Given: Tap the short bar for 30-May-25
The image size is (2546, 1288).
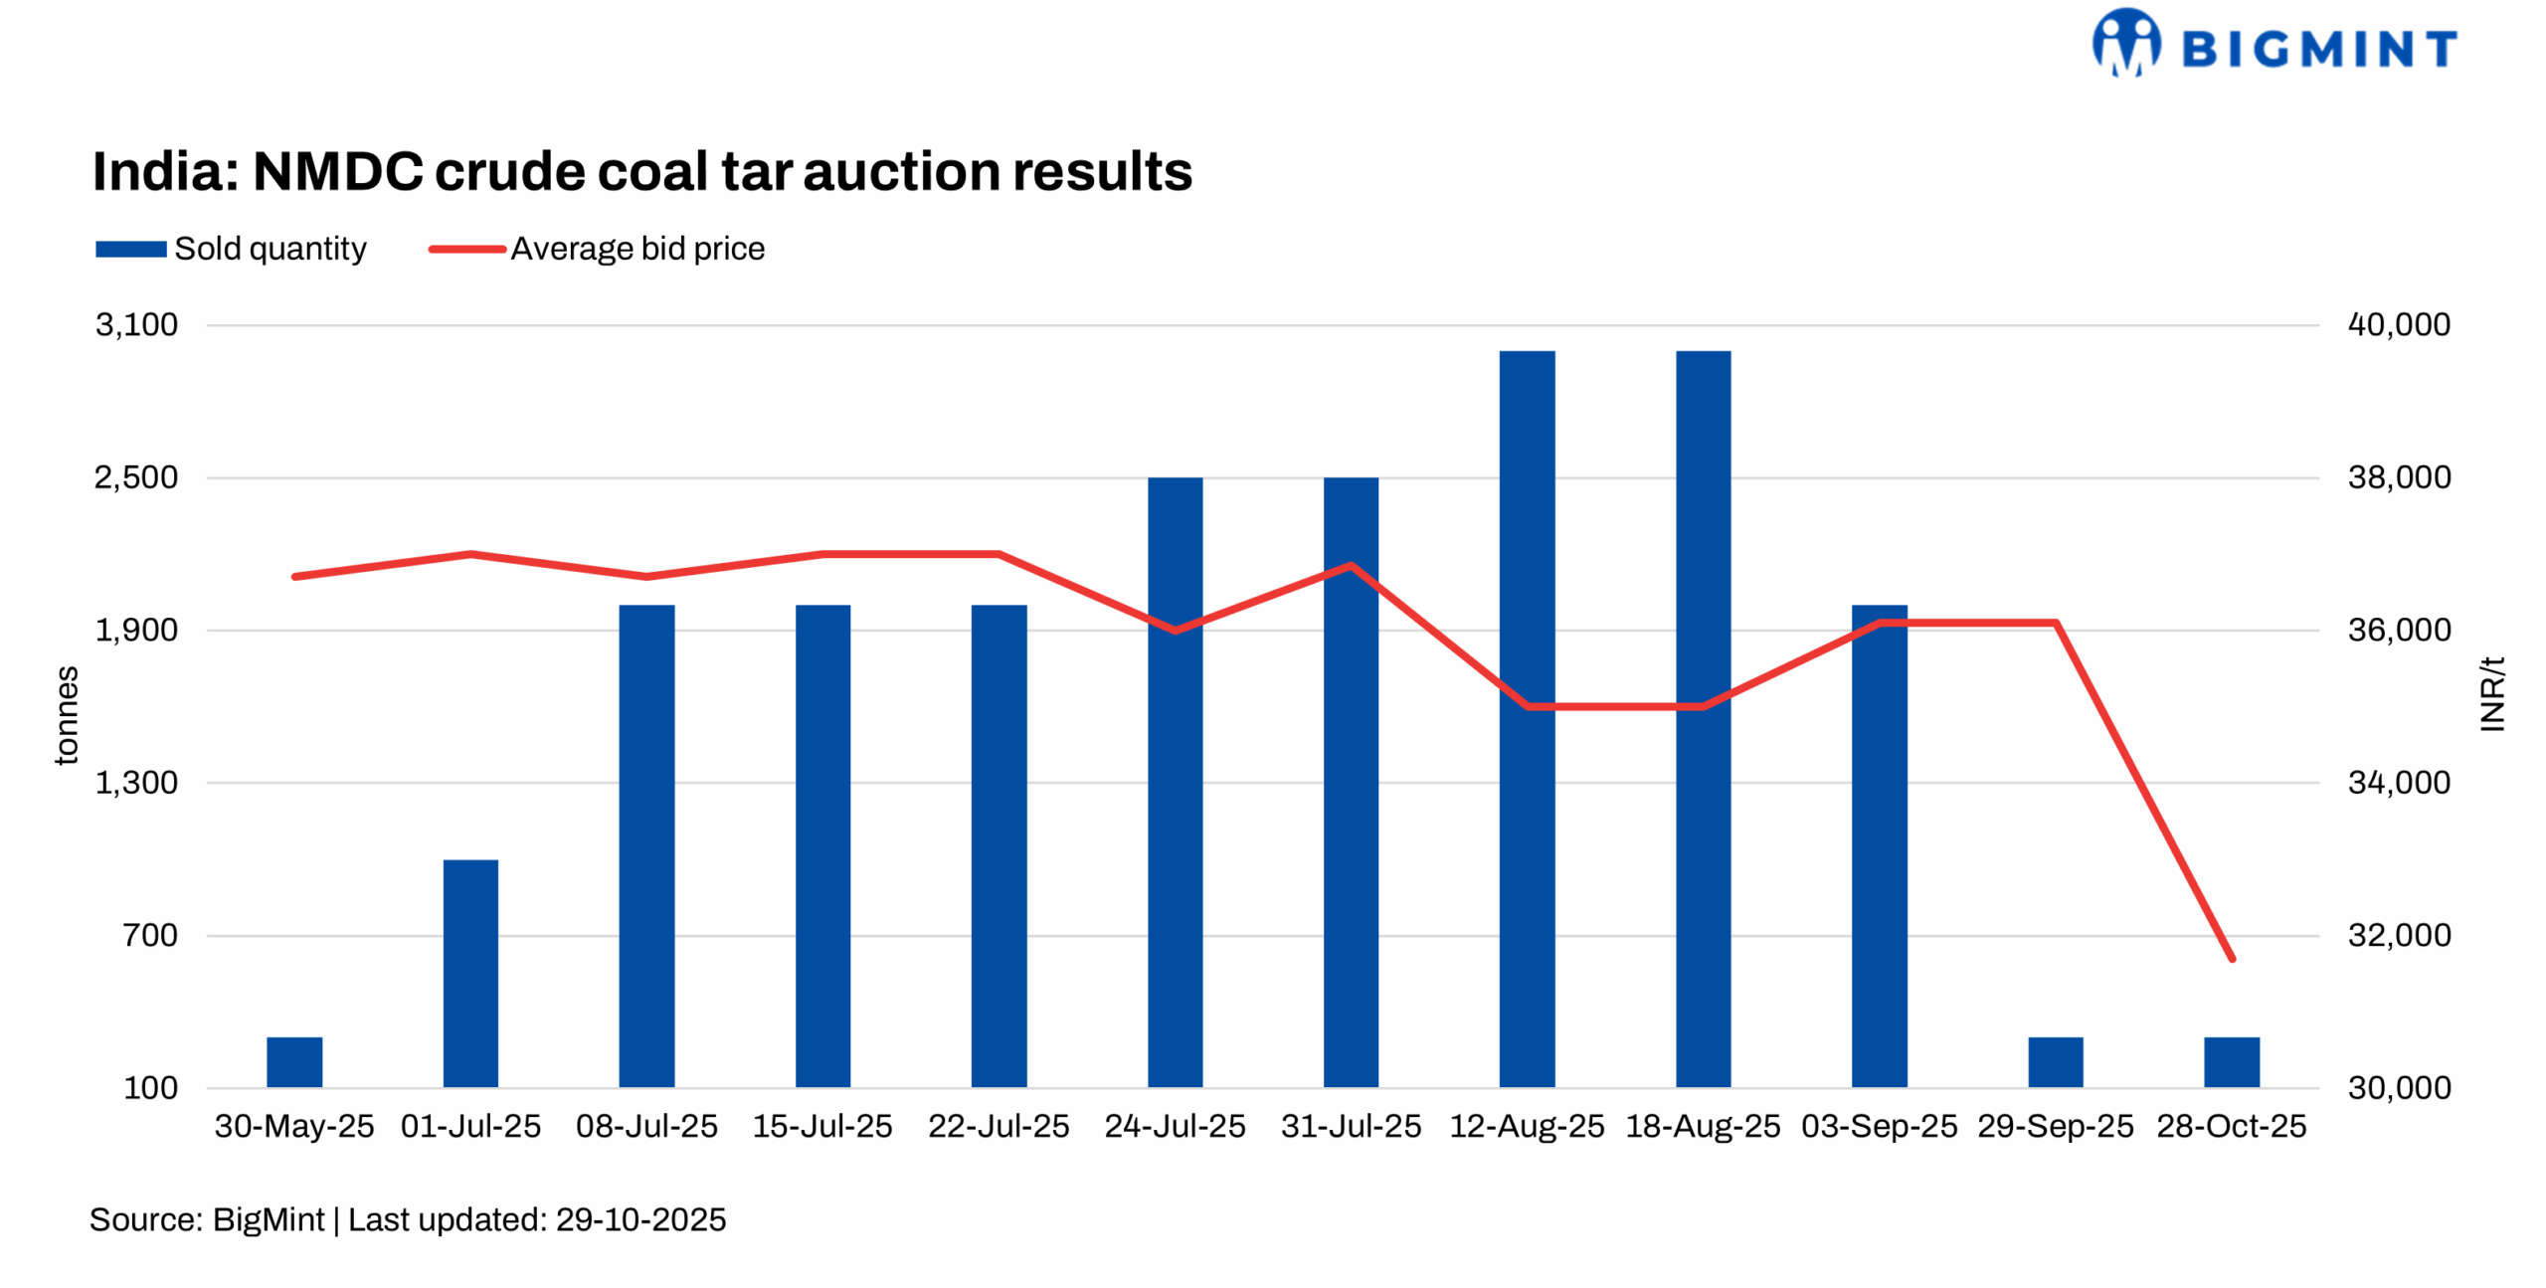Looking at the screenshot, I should (x=294, y=1061).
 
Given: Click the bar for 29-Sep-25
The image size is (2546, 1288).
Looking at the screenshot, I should (x=2055, y=1061).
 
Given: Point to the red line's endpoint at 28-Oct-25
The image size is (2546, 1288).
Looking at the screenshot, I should (x=2232, y=959).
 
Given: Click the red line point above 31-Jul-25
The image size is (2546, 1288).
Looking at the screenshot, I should (x=1351, y=566).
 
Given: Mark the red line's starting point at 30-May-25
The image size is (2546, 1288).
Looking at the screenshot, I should (x=294, y=576).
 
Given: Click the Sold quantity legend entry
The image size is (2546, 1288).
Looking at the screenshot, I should (x=231, y=249).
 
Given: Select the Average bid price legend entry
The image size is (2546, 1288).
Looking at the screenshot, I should (x=597, y=249).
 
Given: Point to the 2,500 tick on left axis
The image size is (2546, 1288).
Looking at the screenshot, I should (x=136, y=477).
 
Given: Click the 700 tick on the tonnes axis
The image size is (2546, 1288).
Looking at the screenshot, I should (x=150, y=935).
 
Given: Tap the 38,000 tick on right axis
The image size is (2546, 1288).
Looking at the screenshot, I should (x=2399, y=477).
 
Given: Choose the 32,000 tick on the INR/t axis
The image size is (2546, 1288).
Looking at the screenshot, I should (x=2399, y=935).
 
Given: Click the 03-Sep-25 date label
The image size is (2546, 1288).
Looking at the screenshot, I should (x=1879, y=1126).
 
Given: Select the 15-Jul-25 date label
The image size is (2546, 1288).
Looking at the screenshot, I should (x=822, y=1126).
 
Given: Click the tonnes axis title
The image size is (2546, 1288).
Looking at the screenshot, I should (x=66, y=715).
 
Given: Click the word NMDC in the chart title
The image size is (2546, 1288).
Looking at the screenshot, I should (x=338, y=171).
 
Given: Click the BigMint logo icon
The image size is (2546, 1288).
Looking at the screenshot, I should (x=2126, y=43).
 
